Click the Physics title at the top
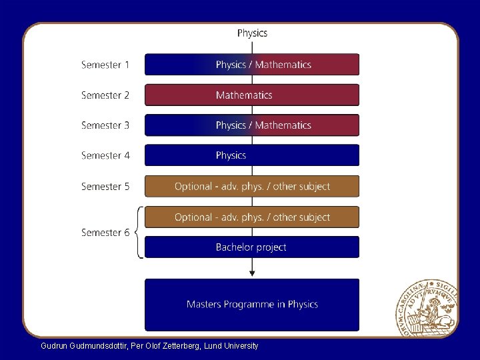[252, 33]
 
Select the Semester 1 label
[105, 65]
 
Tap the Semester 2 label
[105, 95]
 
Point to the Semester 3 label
[105, 125]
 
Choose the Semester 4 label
[105, 155]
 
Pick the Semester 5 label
[105, 187]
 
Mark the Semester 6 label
[105, 233]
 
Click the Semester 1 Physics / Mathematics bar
[252, 65]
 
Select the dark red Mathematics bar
[252, 95]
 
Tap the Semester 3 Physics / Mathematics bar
[252, 125]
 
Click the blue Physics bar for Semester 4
[252, 155]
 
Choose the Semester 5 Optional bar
[252, 187]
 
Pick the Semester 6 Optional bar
[252, 217]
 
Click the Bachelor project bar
[252, 247]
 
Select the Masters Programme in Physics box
[252, 305]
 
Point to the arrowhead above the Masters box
[252, 272]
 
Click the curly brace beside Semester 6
[138, 233]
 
